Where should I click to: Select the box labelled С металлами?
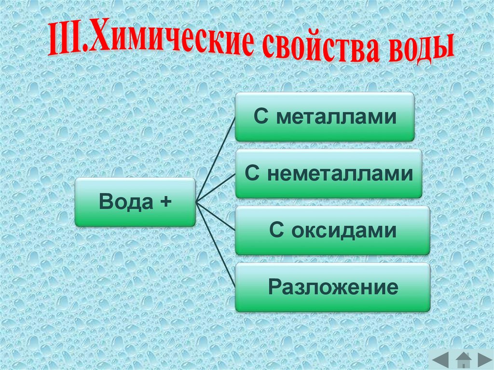tap(324, 117)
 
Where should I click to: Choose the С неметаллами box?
tap(328, 174)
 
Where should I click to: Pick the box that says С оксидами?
tap(332, 231)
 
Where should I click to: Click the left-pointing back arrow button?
tap(440, 359)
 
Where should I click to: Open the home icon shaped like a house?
tap(463, 359)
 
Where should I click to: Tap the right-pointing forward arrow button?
tap(484, 359)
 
